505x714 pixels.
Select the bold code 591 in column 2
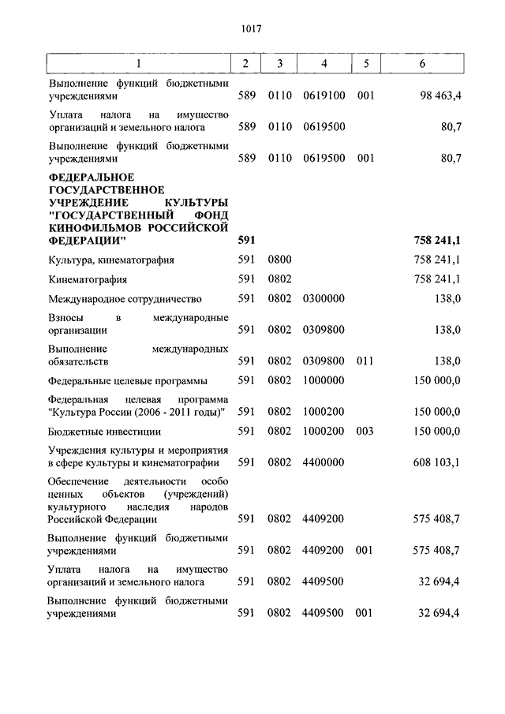click(x=246, y=239)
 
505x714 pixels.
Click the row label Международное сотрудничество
click(x=125, y=299)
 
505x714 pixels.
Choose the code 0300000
click(x=324, y=299)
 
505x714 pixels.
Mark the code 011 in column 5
click(x=364, y=361)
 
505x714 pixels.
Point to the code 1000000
click(x=324, y=380)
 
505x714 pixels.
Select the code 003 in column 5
click(x=364, y=432)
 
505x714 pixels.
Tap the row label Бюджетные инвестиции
click(x=104, y=432)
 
